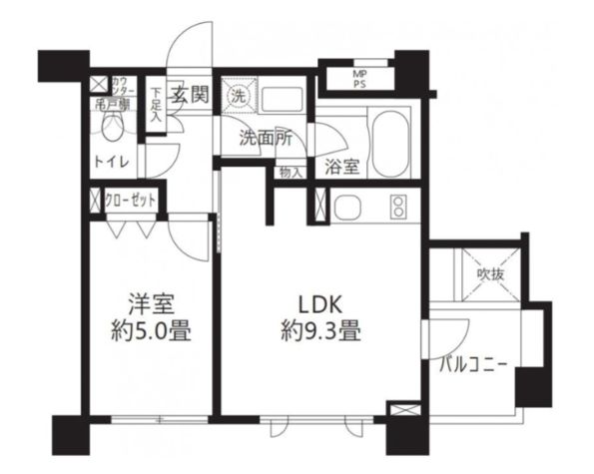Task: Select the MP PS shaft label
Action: tap(359, 78)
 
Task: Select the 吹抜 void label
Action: tap(488, 272)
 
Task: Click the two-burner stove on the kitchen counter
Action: tap(398, 209)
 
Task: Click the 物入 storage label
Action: tap(290, 172)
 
